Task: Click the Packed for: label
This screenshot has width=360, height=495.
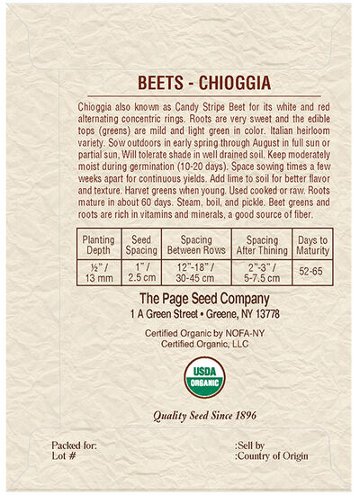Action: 73,445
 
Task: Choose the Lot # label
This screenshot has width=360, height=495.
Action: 64,457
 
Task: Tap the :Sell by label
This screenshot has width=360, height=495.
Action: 249,445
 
